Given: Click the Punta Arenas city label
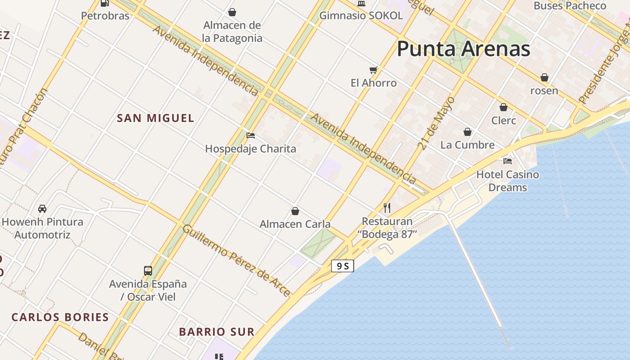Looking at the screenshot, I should click(x=463, y=49).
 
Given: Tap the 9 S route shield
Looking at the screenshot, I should click(x=342, y=266).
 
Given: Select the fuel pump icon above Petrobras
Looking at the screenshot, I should click(x=104, y=3).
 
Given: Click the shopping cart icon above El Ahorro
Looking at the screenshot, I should click(x=373, y=70).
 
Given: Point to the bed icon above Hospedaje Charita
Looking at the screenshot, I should click(x=251, y=135).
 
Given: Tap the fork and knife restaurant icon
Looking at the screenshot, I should click(x=387, y=207).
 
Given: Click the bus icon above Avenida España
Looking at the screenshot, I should click(x=148, y=271).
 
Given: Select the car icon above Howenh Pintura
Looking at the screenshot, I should click(x=42, y=209).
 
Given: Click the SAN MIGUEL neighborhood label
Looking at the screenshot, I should click(x=156, y=118).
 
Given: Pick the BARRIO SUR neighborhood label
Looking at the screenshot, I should click(x=217, y=332).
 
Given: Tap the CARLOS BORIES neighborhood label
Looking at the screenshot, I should click(x=60, y=317).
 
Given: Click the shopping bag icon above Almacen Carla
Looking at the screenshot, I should click(x=295, y=211).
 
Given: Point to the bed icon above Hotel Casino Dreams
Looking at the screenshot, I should click(x=508, y=161).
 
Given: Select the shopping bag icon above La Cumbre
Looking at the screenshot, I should click(x=468, y=132).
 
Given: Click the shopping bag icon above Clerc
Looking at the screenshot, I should click(x=504, y=107).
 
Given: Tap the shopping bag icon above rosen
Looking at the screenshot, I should click(x=544, y=77).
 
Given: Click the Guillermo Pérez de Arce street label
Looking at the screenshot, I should click(x=236, y=261).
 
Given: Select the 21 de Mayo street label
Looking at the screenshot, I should click(x=436, y=123).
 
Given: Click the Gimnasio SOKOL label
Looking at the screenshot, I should click(x=361, y=15).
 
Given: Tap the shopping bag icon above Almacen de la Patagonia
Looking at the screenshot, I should click(x=232, y=12).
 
